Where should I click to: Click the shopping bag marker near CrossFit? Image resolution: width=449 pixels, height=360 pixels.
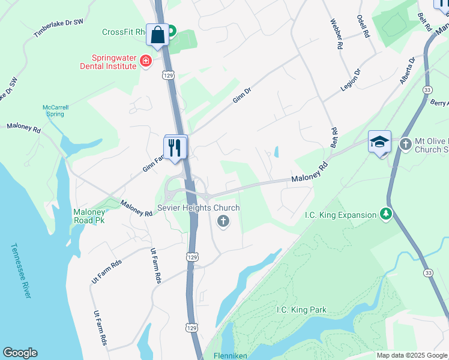[158, 35]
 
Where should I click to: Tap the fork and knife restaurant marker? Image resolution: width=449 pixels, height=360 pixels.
[175, 148]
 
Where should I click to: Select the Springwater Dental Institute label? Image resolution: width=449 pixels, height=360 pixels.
[114, 62]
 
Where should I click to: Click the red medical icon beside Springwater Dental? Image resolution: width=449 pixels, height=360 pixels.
[145, 61]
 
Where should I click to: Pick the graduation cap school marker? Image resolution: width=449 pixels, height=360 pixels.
[379, 142]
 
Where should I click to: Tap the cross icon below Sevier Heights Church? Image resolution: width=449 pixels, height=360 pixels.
[223, 221]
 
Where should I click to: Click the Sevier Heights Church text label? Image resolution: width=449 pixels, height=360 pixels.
[198, 208]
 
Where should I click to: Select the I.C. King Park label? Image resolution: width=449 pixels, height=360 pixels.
[301, 310]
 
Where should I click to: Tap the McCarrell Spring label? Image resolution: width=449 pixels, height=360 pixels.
[55, 110]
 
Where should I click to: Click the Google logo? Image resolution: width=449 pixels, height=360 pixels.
[20, 353]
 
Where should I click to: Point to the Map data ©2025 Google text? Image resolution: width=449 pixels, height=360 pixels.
[411, 355]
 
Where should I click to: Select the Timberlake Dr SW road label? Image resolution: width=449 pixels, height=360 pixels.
[58, 28]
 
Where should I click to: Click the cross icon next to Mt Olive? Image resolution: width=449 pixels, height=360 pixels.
[405, 144]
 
